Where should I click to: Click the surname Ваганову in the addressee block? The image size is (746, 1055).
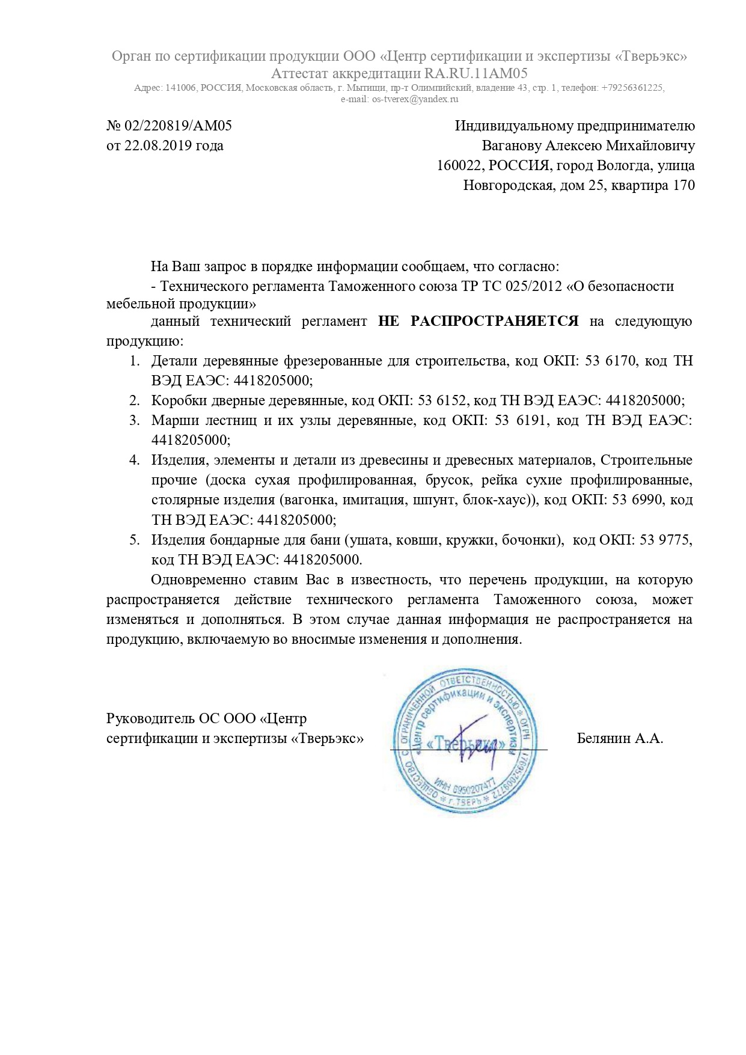pyautogui.click(x=512, y=146)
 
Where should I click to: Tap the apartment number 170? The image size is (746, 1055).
pyautogui.click(x=684, y=185)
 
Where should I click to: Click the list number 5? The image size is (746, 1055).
pyautogui.click(x=134, y=540)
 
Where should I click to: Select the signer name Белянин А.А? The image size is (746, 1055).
pyautogui.click(x=620, y=739)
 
